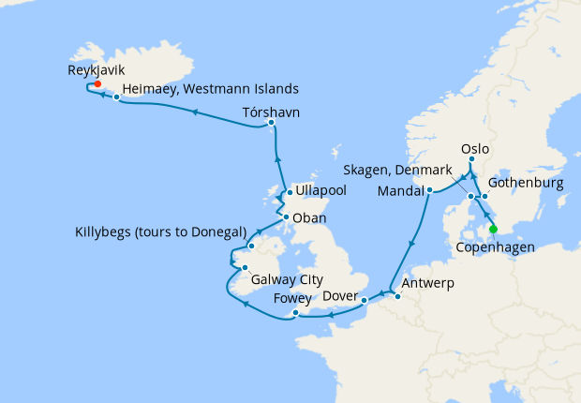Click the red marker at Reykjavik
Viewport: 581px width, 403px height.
tap(97, 83)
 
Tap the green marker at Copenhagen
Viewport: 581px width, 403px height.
tap(493, 228)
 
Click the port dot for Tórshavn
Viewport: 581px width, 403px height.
tap(271, 123)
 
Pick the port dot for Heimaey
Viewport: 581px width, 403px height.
tap(116, 97)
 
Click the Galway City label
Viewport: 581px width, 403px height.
tap(286, 279)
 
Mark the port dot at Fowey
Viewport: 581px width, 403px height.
tap(295, 313)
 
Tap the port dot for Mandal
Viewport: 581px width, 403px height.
tap(429, 191)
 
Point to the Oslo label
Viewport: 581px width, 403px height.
tap(476, 148)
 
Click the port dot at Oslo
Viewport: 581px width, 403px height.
tap(472, 160)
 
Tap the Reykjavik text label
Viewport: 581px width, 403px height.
tap(97, 69)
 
